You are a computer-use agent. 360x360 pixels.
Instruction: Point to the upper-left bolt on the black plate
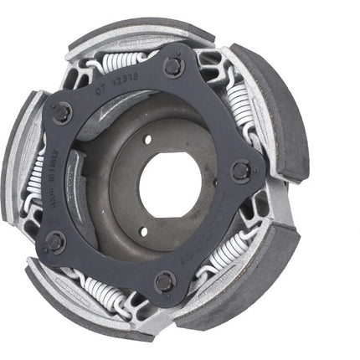point(63,112)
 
